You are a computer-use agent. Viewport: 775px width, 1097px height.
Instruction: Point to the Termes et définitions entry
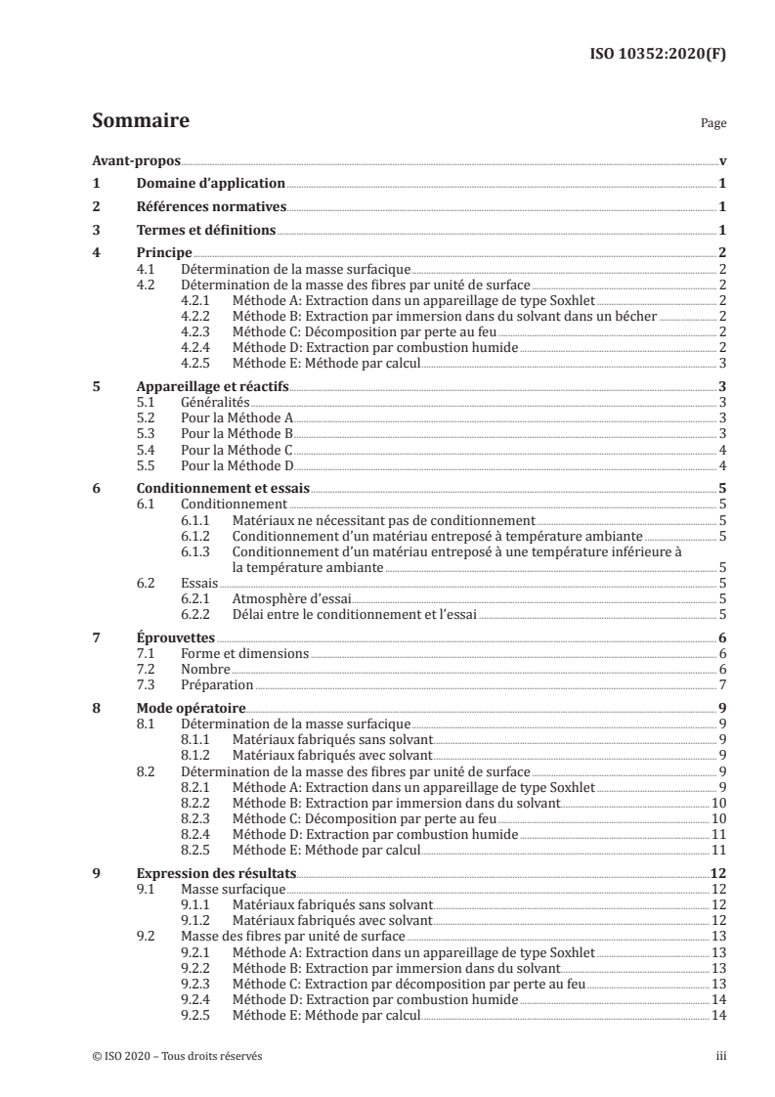pos(205,231)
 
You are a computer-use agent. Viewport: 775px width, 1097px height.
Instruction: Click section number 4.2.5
pos(198,363)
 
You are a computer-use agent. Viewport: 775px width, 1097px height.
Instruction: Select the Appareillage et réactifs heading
pos(212,386)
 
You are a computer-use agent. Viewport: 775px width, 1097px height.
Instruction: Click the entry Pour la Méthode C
pos(237,449)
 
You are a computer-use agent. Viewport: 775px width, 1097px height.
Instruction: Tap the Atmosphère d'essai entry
pos(284,597)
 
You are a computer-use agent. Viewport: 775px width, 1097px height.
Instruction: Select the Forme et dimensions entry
pos(244,653)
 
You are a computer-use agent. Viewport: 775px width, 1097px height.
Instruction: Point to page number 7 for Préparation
pos(720,684)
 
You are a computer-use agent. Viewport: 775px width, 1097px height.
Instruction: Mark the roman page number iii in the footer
pos(719,1057)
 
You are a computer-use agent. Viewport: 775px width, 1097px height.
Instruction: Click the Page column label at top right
pos(713,125)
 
